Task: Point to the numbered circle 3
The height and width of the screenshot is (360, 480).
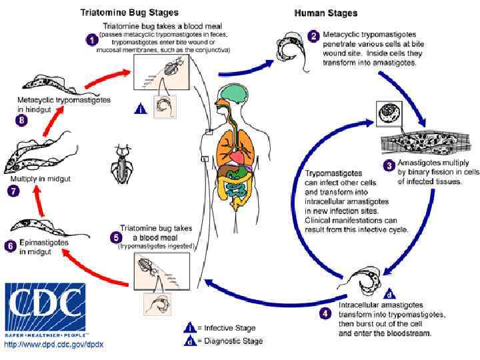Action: [x=389, y=165]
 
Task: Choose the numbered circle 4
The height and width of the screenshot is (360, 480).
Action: [x=325, y=313]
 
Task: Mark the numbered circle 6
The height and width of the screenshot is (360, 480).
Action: [x=10, y=246]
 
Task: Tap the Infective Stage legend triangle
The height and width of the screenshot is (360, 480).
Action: [x=189, y=327]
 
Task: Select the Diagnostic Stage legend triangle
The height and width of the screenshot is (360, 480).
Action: [x=189, y=341]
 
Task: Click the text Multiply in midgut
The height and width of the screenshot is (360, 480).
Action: [x=40, y=179]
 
